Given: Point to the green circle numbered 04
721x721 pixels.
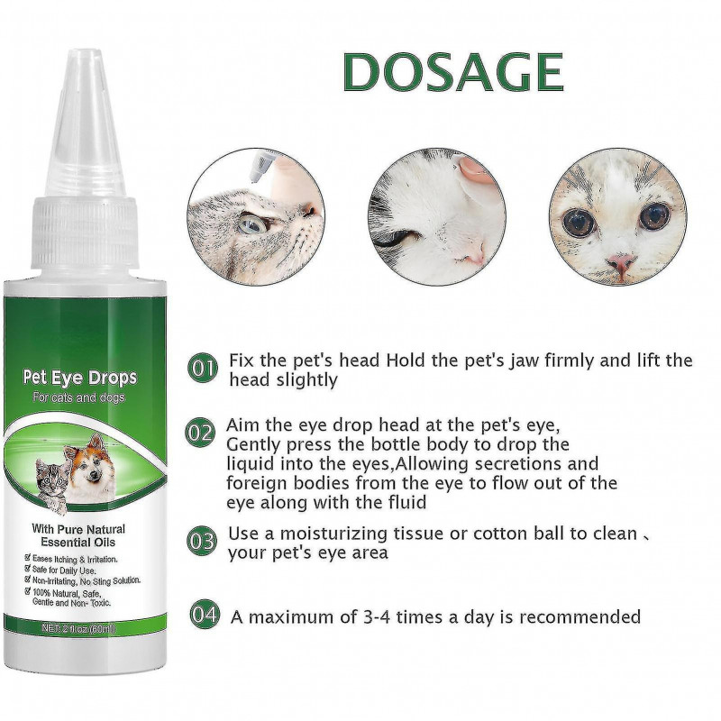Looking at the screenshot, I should [205, 617].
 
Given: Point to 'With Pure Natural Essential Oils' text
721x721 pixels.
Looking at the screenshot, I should [92, 537].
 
